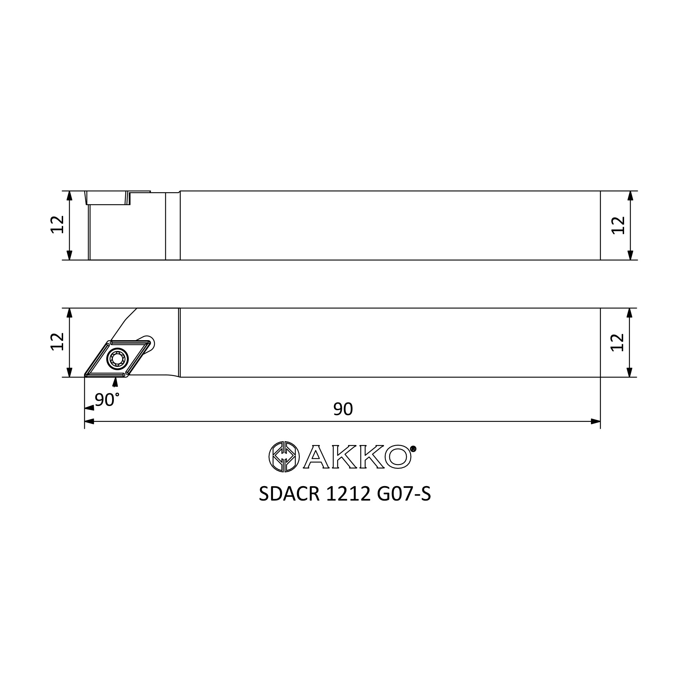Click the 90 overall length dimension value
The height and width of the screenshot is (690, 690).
343,409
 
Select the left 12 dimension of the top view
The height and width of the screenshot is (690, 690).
58,225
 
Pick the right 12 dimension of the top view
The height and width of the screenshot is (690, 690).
618,225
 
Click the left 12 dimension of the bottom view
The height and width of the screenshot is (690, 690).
58,342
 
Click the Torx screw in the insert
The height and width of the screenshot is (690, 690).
118,358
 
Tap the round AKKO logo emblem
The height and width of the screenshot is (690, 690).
284,457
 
